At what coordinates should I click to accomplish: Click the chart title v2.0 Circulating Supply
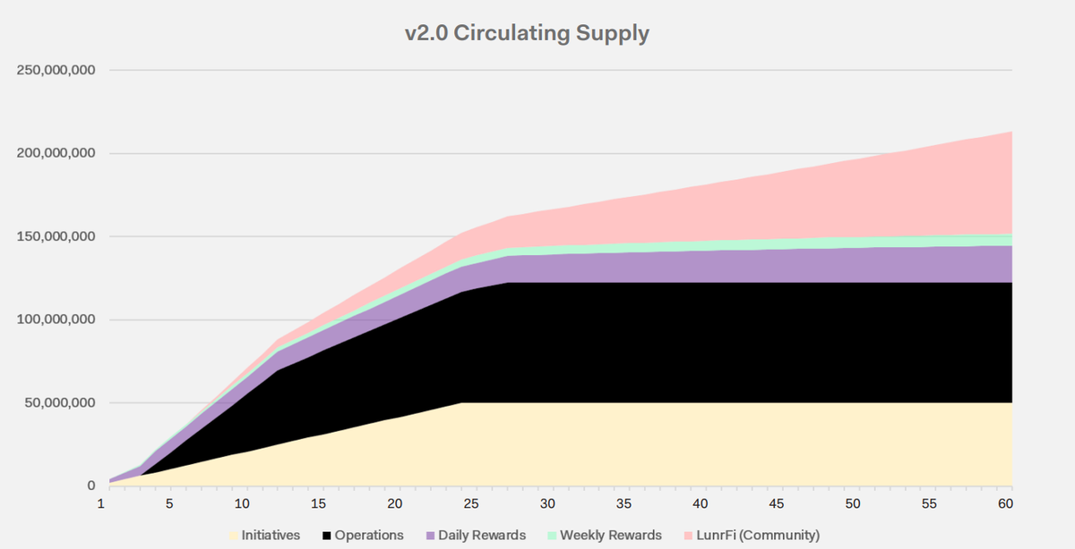tap(527, 33)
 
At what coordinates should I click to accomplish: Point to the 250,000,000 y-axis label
tap(56, 70)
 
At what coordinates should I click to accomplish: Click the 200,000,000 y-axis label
tap(56, 153)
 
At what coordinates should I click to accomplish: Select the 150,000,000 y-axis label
tap(56, 236)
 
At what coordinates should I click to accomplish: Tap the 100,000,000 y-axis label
tap(56, 320)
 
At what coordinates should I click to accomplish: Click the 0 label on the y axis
tap(91, 486)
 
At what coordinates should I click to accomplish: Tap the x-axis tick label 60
tap(1005, 504)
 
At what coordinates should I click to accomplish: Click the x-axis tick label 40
tap(701, 504)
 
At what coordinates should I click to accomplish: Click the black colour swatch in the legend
tap(327, 536)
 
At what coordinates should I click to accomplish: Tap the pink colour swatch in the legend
tap(687, 536)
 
